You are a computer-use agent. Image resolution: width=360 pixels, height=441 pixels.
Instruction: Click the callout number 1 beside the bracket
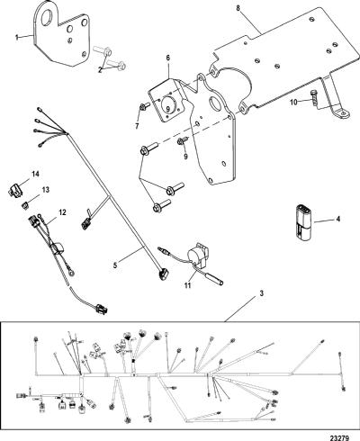click(17, 37)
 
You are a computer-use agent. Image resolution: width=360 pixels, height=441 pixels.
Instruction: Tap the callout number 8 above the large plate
click(238, 8)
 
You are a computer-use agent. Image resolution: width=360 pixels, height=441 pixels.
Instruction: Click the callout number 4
click(338, 219)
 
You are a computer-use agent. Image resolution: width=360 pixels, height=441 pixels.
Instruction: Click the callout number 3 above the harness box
click(261, 293)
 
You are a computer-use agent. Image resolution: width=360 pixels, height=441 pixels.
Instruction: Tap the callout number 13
click(46, 190)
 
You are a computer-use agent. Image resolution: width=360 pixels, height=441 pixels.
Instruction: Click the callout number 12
click(62, 212)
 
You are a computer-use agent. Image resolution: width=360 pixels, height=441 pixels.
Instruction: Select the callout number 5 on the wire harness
click(116, 265)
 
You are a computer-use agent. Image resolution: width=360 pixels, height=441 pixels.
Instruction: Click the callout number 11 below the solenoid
click(187, 285)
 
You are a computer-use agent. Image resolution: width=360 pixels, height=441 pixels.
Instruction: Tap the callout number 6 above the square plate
click(168, 58)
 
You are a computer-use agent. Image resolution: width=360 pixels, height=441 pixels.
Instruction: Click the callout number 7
click(137, 126)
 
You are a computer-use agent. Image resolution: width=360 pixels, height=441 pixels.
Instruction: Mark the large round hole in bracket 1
click(47, 17)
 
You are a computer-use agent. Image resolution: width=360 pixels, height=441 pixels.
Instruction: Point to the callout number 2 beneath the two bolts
click(101, 69)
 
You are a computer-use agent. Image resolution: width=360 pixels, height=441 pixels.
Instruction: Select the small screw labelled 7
click(145, 106)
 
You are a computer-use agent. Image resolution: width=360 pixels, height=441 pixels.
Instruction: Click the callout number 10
click(294, 102)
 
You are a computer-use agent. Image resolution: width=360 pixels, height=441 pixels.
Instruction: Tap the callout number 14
click(36, 174)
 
